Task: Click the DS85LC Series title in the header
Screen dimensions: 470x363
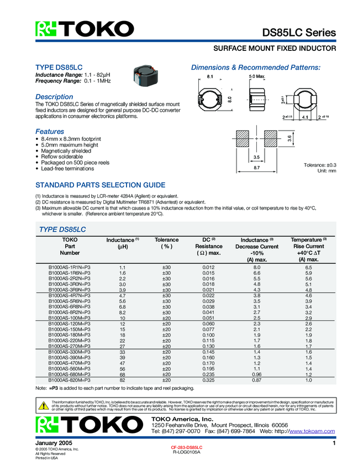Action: click(x=298, y=33)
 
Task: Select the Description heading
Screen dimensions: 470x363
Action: click(x=55, y=97)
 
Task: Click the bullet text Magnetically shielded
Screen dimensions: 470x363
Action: click(x=65, y=150)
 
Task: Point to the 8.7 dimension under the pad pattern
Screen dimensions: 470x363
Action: click(x=256, y=167)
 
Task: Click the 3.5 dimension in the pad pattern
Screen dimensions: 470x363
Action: click(x=256, y=157)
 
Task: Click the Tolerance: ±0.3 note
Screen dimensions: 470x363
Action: click(x=320, y=165)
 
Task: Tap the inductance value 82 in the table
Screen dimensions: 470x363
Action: click(x=122, y=380)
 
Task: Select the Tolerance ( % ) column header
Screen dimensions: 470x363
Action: click(x=166, y=243)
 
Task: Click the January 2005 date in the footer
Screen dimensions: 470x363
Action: click(x=54, y=443)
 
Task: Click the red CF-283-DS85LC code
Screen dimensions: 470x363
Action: click(x=187, y=446)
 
